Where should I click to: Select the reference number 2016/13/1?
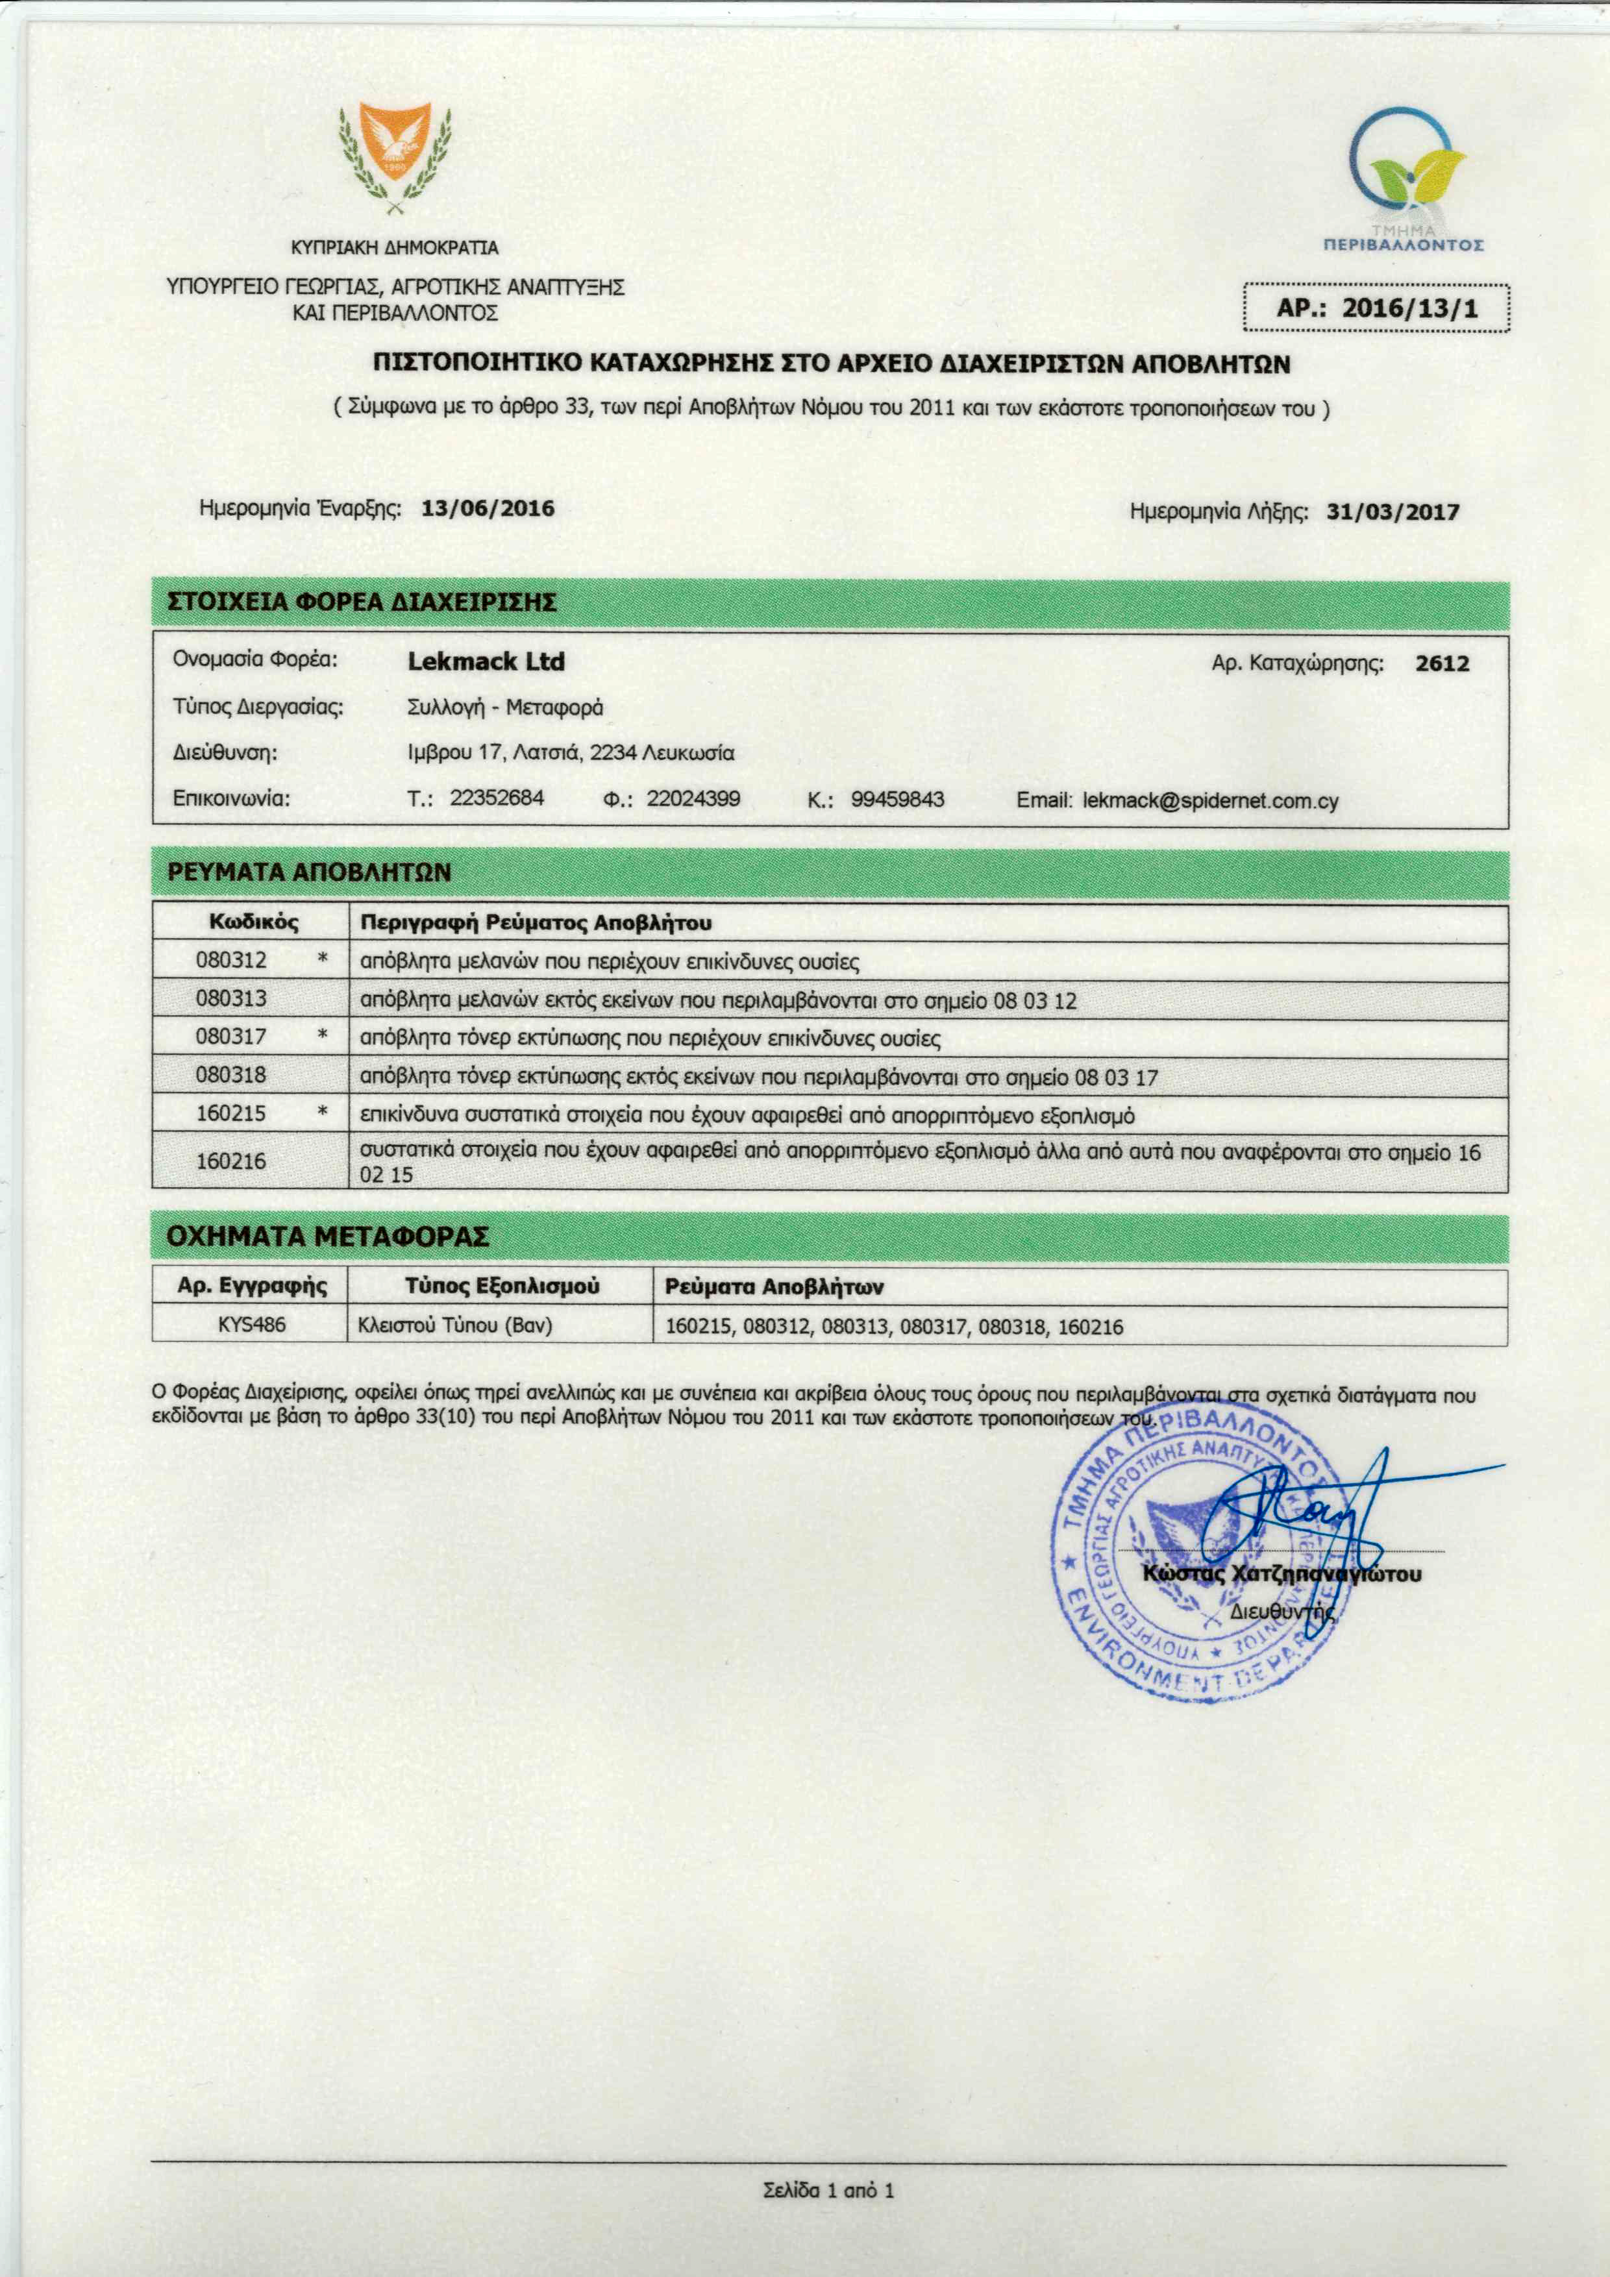pos(1409,308)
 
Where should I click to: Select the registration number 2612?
pos(1441,663)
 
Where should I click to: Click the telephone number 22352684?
pos(496,798)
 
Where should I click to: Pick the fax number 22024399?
pos(693,798)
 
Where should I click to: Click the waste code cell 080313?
pos(231,999)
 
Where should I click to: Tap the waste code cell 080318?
pos(231,1075)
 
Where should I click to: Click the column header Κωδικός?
pos(253,922)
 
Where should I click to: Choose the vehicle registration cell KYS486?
pos(251,1325)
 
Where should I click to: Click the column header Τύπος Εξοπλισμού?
pos(502,1286)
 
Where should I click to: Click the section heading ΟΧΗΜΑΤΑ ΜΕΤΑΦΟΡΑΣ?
pos(327,1237)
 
